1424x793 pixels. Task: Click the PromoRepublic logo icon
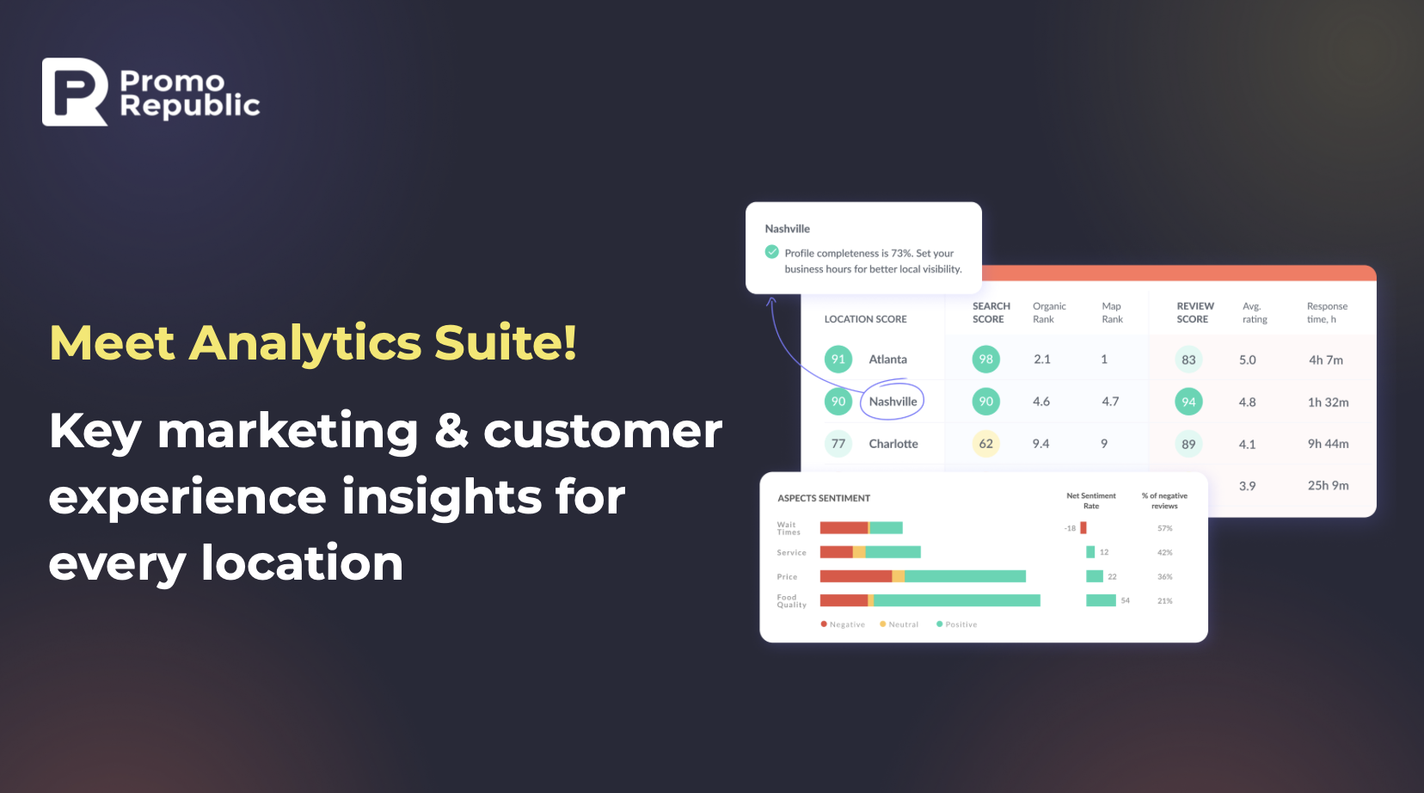pos(75,91)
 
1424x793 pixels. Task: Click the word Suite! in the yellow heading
pos(506,343)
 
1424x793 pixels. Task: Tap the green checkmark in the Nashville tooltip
pos(771,252)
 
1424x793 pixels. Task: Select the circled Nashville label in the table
pos(893,402)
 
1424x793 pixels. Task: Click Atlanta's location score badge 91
pos(838,360)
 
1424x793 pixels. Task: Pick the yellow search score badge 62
pos(986,444)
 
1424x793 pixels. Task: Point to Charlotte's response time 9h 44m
pos(1328,444)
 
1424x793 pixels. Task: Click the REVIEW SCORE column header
pos(1195,312)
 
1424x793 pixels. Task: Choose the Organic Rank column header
pos(1049,312)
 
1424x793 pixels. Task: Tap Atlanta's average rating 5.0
pos(1247,360)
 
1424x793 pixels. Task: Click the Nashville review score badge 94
pos(1188,402)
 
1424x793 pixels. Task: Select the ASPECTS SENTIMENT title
pos(824,498)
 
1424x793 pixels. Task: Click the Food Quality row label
pos(791,601)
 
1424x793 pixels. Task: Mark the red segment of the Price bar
pos(856,576)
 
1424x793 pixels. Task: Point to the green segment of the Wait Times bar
pos(887,527)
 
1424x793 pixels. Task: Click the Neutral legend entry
pos(899,624)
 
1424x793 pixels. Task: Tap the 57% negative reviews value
pos(1164,528)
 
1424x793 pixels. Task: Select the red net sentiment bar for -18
pos(1083,528)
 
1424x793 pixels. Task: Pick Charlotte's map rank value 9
pos(1104,444)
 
